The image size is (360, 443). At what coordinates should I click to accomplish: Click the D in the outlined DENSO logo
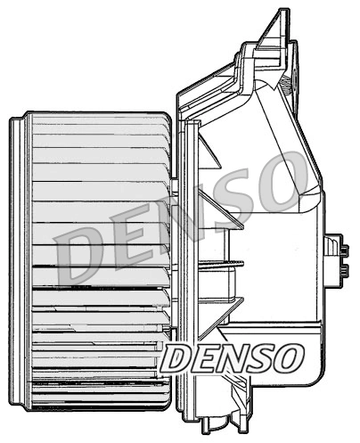(x=178, y=358)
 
